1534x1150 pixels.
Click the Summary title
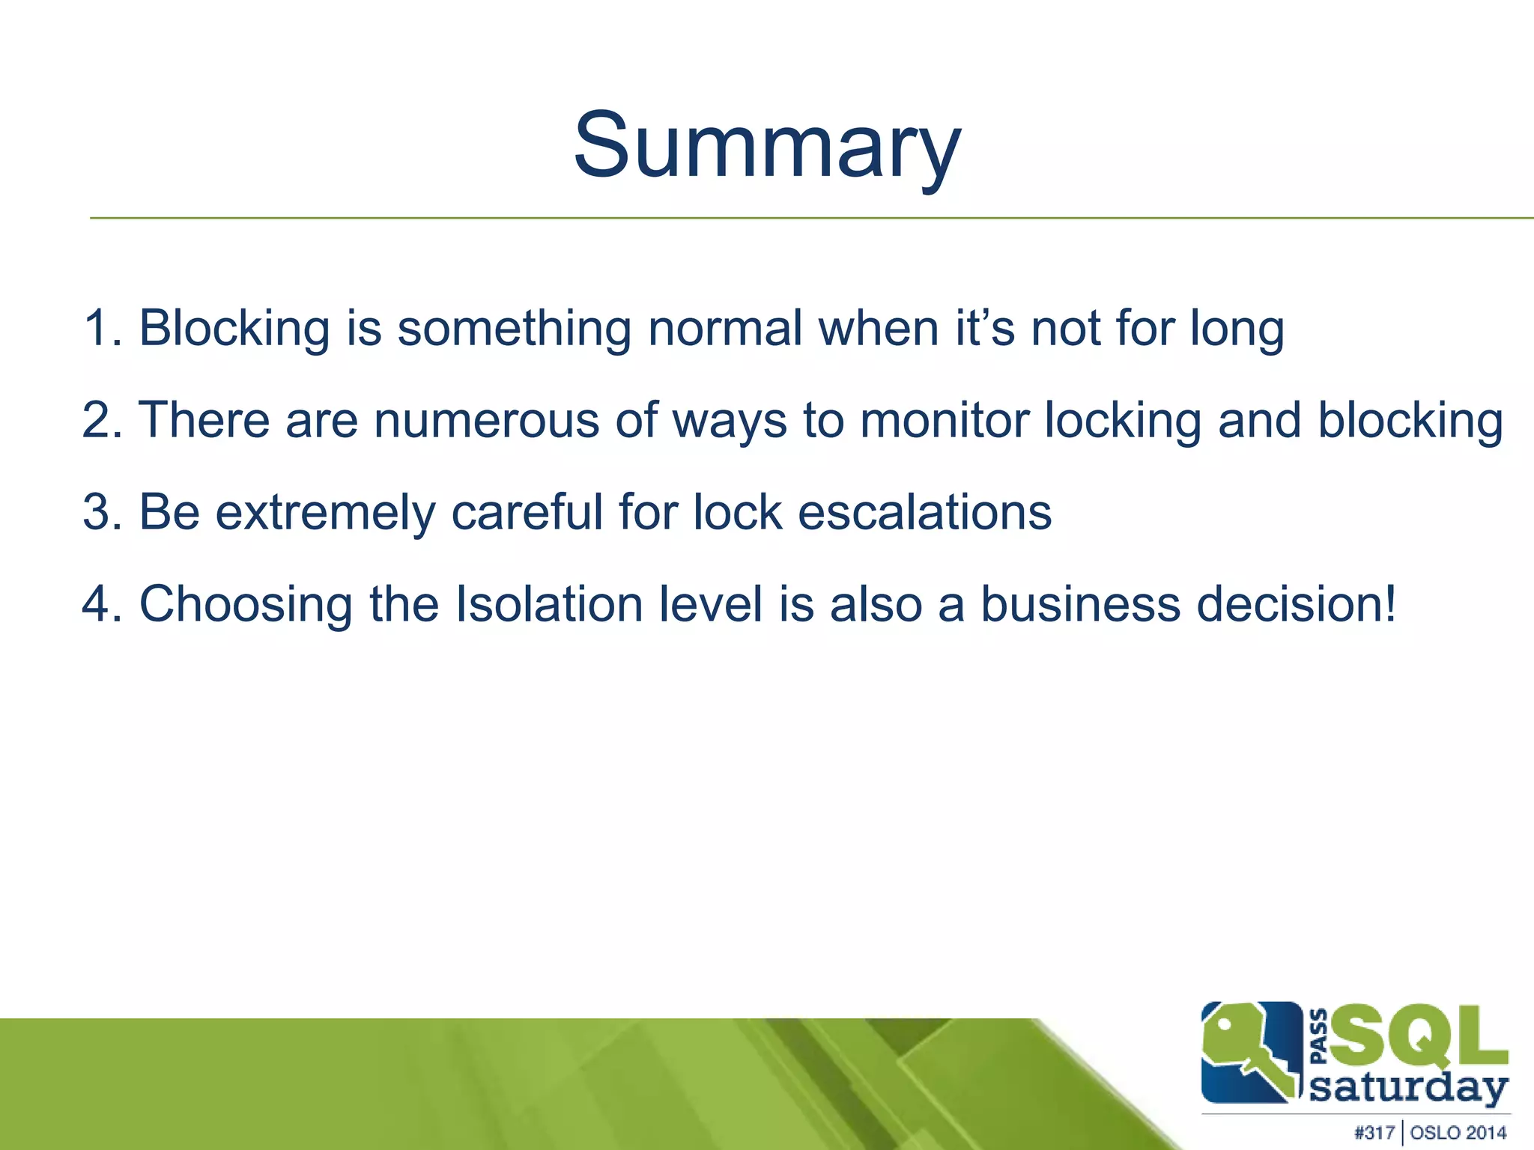767,146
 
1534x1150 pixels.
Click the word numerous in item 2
487,420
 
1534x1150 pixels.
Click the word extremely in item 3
325,513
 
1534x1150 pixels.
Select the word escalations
924,512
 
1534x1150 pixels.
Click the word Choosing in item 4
246,605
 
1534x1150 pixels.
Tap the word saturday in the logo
1408,1088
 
